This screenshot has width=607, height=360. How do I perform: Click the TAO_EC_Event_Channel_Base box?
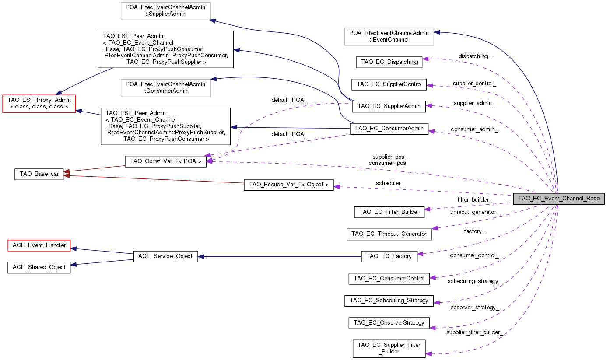tap(559, 198)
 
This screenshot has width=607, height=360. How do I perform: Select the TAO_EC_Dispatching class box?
tap(389, 62)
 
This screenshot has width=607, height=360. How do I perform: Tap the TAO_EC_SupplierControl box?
tap(389, 84)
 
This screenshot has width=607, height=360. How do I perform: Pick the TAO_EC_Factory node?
tap(389, 256)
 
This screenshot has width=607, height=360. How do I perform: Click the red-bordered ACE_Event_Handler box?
tap(39, 245)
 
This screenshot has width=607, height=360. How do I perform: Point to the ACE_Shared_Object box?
tap(39, 267)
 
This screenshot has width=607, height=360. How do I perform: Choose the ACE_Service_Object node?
tap(165, 256)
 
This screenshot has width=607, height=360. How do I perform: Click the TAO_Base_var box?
tap(39, 174)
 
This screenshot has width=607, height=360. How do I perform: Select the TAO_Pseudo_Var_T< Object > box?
tap(288, 185)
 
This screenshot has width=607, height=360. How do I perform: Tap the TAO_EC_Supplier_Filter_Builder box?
tap(389, 348)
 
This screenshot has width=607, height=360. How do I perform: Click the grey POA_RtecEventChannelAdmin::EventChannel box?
tap(389, 36)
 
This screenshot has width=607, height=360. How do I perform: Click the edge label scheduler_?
tap(389, 182)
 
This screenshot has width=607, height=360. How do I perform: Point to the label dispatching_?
tap(474, 56)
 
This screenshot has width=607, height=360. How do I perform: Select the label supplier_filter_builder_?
tap(474, 332)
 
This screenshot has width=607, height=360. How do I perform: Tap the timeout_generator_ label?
tap(474, 212)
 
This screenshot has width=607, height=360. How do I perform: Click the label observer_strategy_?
tap(474, 308)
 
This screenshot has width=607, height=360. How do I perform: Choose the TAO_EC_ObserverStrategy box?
tap(389, 323)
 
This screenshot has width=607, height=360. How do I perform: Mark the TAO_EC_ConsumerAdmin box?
tap(389, 129)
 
